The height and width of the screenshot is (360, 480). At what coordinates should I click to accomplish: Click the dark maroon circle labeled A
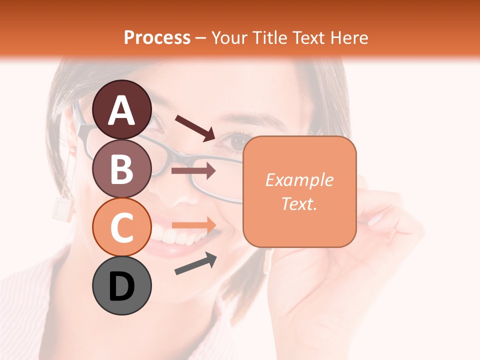point(121,109)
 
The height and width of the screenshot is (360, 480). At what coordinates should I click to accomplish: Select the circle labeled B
point(121,168)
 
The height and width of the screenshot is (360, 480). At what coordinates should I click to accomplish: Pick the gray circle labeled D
point(121,286)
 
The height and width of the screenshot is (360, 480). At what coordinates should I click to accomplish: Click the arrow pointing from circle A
point(195,127)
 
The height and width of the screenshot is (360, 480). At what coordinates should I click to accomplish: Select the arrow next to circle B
point(193,171)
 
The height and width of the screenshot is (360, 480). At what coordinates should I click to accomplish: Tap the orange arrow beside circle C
point(193,224)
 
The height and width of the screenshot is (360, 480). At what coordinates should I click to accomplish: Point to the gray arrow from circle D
point(195,263)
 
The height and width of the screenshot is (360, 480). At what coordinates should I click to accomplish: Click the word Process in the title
point(157,38)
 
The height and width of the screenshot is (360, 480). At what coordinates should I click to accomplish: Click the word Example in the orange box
point(299,180)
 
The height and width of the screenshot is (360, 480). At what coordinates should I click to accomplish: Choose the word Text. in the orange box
point(299,203)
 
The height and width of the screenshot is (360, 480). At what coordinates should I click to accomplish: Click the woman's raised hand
point(385,225)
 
